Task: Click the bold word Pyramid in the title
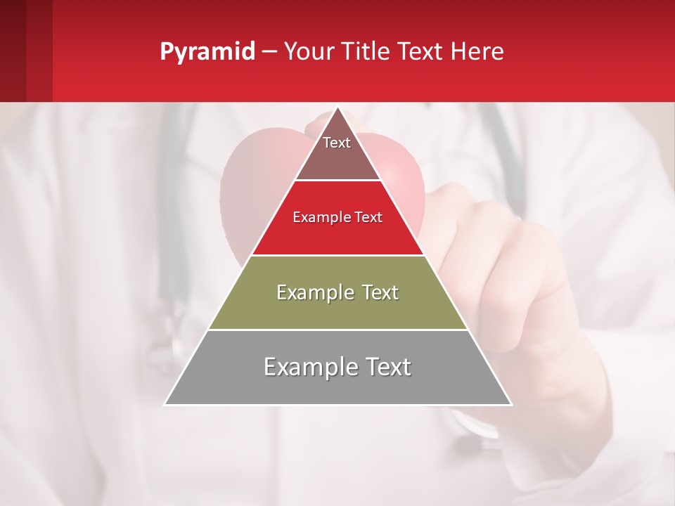pos(207,52)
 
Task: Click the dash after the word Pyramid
pos(269,52)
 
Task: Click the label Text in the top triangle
pos(337,143)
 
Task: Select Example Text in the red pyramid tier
pos(337,217)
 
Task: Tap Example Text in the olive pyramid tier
pos(337,292)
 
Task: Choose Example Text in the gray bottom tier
pos(337,367)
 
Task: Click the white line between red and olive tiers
pos(337,255)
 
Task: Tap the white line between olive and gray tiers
pos(337,330)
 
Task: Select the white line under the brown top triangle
pos(337,181)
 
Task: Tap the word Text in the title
pos(421,52)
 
